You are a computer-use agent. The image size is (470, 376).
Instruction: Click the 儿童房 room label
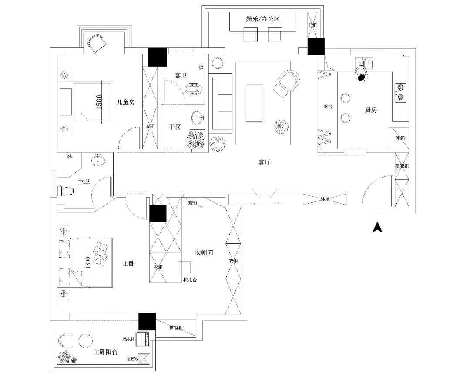tap(126, 103)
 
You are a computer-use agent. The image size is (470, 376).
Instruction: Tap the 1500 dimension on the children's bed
tap(99, 102)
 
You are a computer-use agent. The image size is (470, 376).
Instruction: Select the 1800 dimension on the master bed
tap(88, 262)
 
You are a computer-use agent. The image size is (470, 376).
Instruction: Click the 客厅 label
tap(265, 162)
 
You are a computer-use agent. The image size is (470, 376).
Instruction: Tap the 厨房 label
tap(371, 110)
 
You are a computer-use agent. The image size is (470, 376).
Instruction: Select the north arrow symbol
tap(377, 227)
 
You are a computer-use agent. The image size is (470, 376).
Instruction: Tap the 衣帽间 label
tap(204, 252)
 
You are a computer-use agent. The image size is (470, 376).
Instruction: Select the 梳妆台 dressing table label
tap(190, 280)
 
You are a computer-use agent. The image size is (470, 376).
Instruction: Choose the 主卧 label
tap(128, 264)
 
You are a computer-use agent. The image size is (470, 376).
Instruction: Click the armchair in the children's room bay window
tap(97, 43)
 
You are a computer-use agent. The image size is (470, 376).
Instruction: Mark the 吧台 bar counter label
tap(328, 106)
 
